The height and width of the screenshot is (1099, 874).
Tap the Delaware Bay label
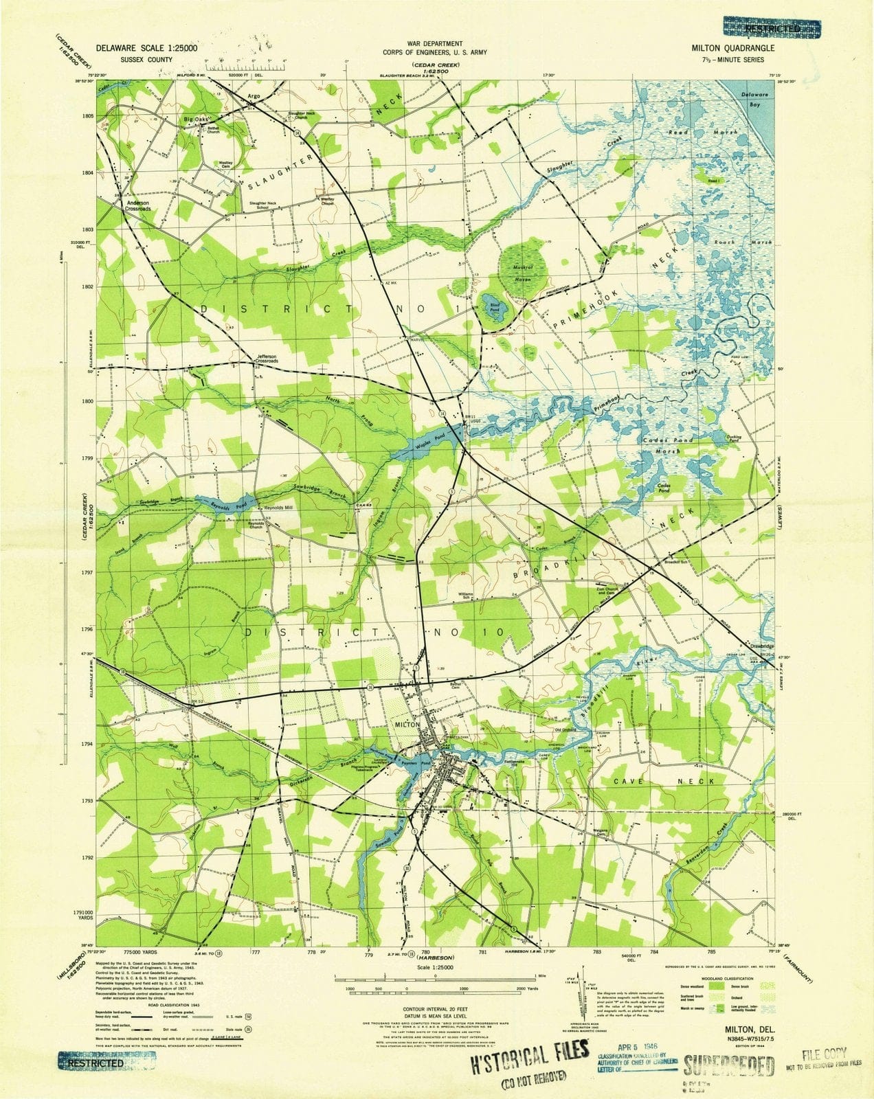point(757,101)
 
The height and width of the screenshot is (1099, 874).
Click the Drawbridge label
point(758,646)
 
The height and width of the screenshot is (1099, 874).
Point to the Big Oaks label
point(195,120)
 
